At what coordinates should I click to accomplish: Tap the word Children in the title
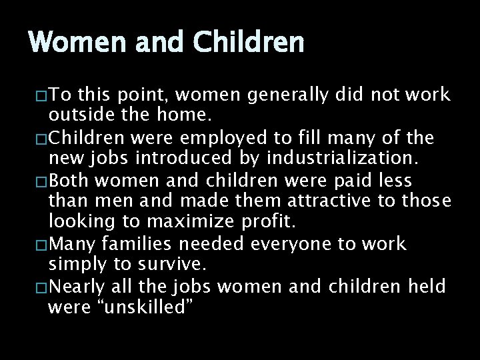click(249, 43)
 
